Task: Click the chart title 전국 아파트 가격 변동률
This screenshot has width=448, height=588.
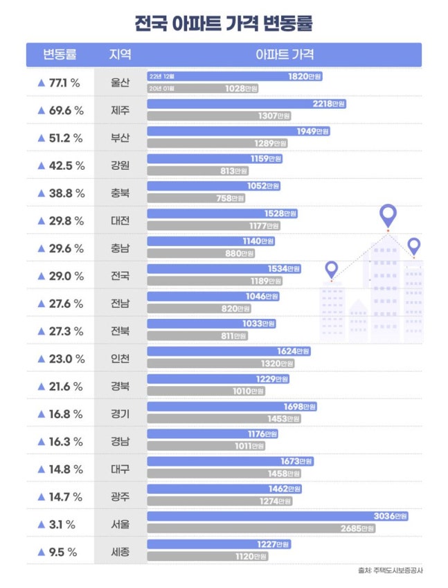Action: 224,24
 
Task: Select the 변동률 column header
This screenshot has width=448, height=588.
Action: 60,55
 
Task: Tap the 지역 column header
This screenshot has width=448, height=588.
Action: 120,55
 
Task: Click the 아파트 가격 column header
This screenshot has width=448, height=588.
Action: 284,55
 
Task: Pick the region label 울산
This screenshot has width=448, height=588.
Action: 120,83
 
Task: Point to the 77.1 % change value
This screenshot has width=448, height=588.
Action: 60,83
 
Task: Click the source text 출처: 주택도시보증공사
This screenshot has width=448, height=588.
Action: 390,571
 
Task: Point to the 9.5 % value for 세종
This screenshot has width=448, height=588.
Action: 60,552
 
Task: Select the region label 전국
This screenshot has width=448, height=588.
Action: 120,276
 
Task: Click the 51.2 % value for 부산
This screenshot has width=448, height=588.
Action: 60,138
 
